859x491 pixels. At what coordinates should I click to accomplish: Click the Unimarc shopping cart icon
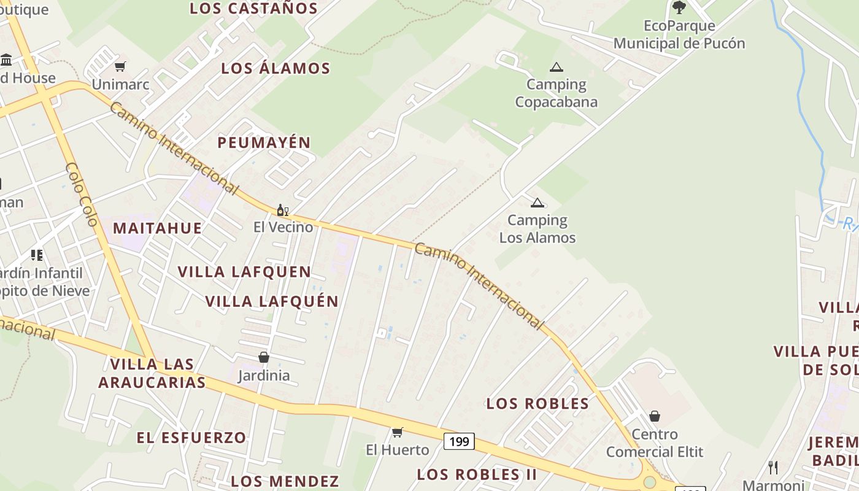(x=120, y=66)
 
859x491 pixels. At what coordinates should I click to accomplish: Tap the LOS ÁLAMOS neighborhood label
(x=275, y=68)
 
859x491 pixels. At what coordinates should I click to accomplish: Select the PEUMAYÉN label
(x=264, y=142)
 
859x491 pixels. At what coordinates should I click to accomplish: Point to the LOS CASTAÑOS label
(x=253, y=9)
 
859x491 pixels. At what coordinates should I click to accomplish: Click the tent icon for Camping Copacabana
(x=556, y=67)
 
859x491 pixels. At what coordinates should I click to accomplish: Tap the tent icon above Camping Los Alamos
(x=537, y=203)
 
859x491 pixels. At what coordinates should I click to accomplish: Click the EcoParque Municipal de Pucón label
(x=679, y=34)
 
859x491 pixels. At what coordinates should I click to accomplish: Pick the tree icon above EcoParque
(x=679, y=7)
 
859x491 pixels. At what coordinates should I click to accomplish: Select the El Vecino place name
(x=283, y=227)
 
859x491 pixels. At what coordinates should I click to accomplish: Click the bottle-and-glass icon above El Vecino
(x=282, y=211)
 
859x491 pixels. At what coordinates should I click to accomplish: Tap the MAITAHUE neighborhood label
(x=157, y=228)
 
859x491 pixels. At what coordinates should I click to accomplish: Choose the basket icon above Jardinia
(x=264, y=357)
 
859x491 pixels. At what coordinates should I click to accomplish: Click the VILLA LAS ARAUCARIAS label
(x=152, y=373)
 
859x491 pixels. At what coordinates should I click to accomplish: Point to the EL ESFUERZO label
(x=191, y=438)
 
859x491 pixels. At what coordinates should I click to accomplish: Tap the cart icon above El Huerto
(x=398, y=433)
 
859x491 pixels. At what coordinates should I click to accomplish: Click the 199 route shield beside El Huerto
(x=459, y=441)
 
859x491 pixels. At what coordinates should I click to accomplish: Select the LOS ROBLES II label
(x=477, y=474)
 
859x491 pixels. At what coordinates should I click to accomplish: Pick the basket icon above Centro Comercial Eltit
(x=655, y=416)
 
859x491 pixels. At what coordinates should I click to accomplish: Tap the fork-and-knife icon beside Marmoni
(x=773, y=468)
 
